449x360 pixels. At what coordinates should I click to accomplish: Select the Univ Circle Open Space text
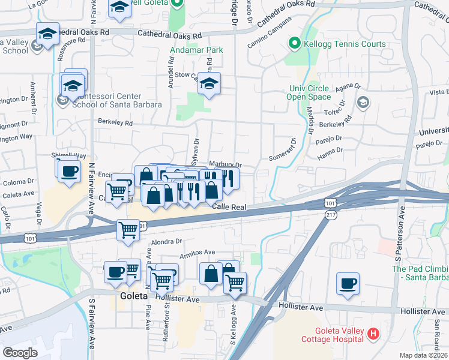(309, 93)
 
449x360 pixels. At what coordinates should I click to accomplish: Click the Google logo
(20, 352)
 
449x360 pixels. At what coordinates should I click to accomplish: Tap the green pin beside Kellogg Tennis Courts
(294, 44)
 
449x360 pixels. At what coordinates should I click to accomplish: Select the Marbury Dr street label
(225, 165)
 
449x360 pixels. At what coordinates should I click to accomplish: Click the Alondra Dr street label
(166, 241)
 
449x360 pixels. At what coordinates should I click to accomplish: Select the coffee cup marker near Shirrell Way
(69, 170)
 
